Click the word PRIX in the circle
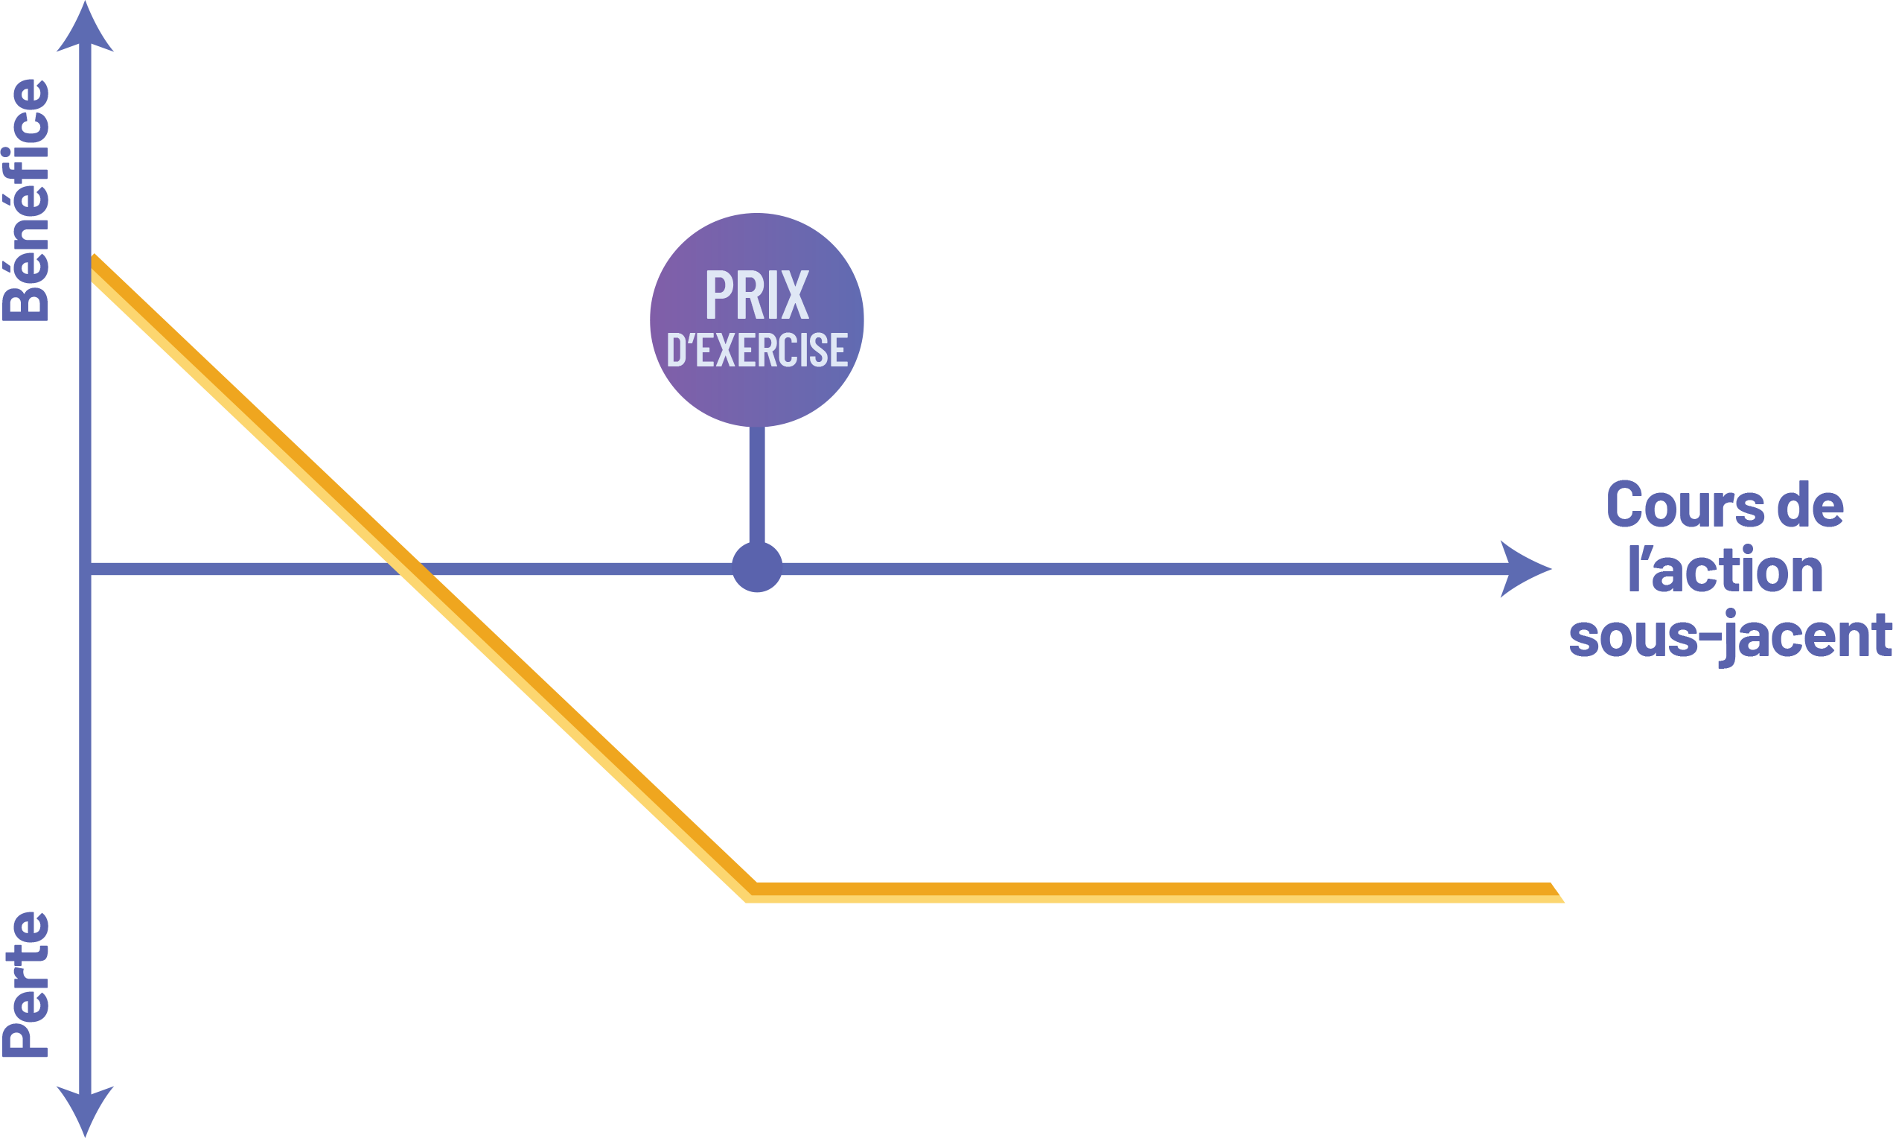pos(756,294)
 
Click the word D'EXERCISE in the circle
pos(756,351)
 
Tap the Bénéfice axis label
pos(28,200)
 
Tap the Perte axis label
pos(28,985)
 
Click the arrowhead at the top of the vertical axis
pos(85,31)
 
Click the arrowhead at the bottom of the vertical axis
pos(85,1108)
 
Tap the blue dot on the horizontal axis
pos(756,568)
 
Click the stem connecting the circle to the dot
pos(756,483)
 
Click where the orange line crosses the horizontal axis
pos(406,569)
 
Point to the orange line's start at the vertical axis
pos(94,268)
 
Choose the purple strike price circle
pos(756,230)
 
